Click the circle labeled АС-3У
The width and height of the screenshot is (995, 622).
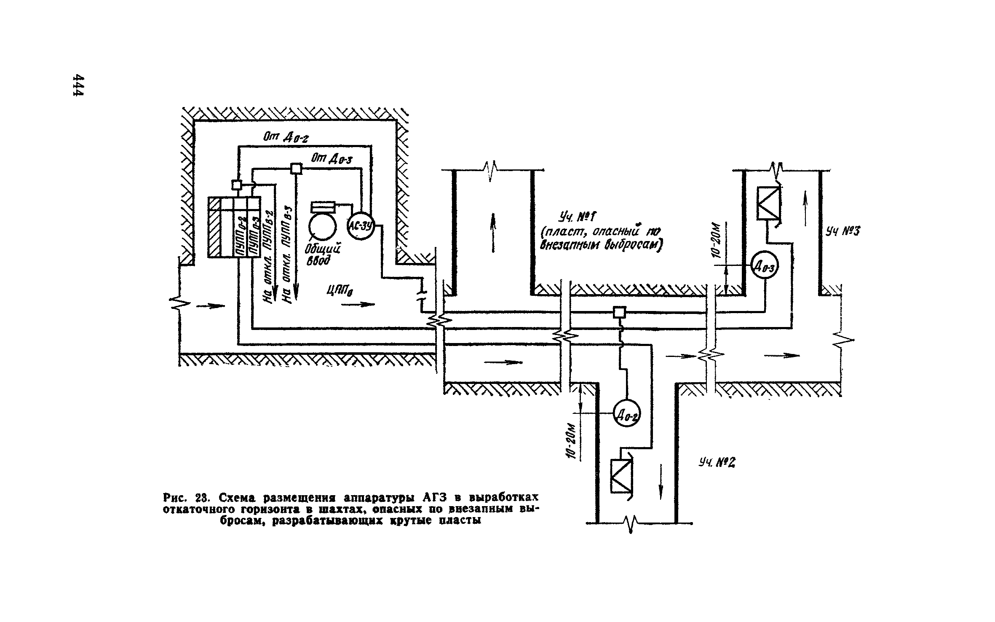tap(361, 227)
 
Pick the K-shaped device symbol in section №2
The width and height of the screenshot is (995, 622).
tap(621, 476)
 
